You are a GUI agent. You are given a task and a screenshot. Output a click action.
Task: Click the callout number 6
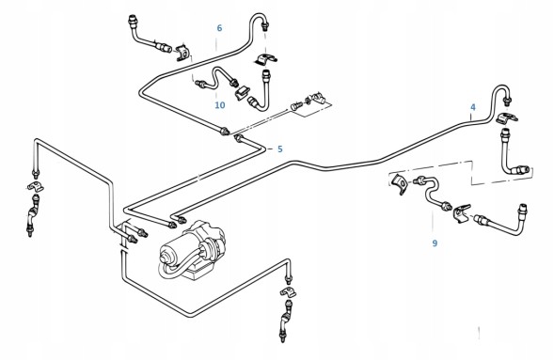pyautogui.click(x=219, y=28)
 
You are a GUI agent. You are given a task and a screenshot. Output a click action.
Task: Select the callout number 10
pyautogui.click(x=220, y=105)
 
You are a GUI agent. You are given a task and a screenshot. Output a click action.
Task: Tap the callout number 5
pyautogui.click(x=280, y=149)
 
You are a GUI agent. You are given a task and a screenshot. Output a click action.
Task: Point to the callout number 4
pyautogui.click(x=473, y=107)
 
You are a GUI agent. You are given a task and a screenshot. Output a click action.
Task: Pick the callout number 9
pyautogui.click(x=435, y=243)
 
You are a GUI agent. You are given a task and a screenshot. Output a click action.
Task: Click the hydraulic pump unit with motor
pyautogui.click(x=193, y=251)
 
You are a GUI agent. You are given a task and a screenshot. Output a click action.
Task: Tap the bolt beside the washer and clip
pyautogui.click(x=296, y=105)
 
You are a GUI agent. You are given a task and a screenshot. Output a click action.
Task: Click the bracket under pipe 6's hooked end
pyautogui.click(x=265, y=59)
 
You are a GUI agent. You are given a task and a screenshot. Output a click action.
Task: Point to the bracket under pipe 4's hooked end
pyautogui.click(x=507, y=118)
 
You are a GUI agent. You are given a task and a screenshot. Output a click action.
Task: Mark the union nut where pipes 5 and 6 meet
pyautogui.click(x=225, y=132)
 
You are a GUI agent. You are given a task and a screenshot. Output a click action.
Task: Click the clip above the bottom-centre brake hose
pyautogui.click(x=289, y=291)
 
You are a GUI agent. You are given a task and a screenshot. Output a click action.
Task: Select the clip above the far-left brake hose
pyautogui.click(x=36, y=186)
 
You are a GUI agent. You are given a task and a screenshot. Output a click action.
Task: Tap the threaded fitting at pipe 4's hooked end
pyautogui.click(x=508, y=100)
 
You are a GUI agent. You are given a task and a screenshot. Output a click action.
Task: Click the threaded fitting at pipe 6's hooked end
pyautogui.click(x=265, y=26)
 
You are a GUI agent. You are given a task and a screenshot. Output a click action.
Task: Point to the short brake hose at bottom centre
pyautogui.click(x=286, y=320)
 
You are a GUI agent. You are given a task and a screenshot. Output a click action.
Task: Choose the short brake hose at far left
pyautogui.click(x=33, y=214)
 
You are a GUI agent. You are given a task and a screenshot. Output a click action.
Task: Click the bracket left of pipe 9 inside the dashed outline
pyautogui.click(x=400, y=183)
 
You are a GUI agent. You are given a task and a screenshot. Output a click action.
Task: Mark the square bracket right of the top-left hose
pyautogui.click(x=183, y=52)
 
